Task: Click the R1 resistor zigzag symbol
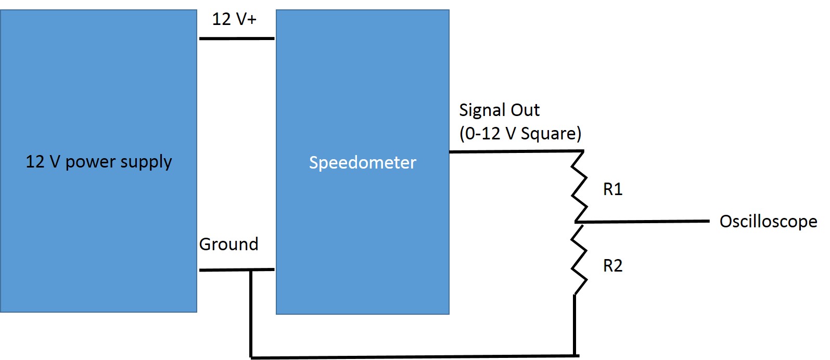[x=579, y=186]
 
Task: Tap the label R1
[x=612, y=189]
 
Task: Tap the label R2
[x=612, y=266]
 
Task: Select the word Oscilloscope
[x=768, y=222]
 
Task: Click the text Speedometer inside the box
[x=362, y=162]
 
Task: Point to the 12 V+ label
[x=234, y=19]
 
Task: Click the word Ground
[x=228, y=244]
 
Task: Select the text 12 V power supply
[x=98, y=162]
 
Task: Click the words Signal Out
[x=499, y=110]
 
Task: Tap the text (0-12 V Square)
[x=520, y=133]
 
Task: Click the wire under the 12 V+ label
[x=236, y=38]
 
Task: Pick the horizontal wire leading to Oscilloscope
[x=645, y=222]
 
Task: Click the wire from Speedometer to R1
[x=515, y=151]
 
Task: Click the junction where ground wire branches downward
[x=251, y=270]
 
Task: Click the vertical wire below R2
[x=574, y=325]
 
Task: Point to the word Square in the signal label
[x=551, y=134]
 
